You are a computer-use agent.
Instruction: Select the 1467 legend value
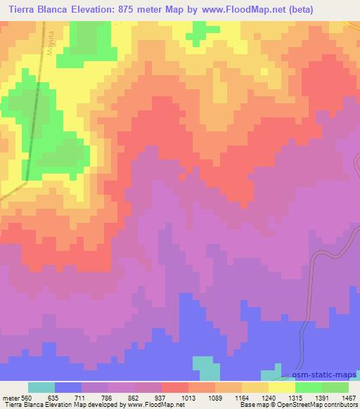349,397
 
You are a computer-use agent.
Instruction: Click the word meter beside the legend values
11,397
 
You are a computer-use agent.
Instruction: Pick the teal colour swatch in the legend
41,387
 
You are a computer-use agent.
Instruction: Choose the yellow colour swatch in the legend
282,387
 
